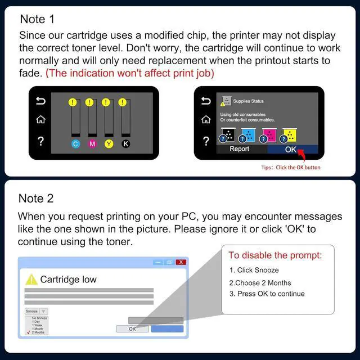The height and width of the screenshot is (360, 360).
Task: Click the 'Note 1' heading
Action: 37,19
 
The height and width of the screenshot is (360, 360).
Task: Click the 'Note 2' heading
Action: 37,198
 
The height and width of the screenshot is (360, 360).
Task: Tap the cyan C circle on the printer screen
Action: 75,144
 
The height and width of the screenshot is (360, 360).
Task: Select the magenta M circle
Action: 92,144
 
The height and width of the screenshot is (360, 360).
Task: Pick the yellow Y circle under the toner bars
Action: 109,144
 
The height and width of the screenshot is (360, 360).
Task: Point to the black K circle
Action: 126,144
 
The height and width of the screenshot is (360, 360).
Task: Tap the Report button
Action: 240,150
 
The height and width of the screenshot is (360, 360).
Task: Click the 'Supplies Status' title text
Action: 248,101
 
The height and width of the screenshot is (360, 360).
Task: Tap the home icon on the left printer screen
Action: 40,120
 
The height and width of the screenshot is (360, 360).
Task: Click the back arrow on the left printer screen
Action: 40,101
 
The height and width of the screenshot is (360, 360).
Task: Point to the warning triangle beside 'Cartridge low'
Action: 31,280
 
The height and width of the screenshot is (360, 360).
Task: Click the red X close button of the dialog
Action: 181,262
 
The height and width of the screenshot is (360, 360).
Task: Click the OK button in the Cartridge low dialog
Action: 132,329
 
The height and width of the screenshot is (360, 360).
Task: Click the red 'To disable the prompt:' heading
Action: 275,256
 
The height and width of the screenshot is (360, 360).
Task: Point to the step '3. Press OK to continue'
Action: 267,294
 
